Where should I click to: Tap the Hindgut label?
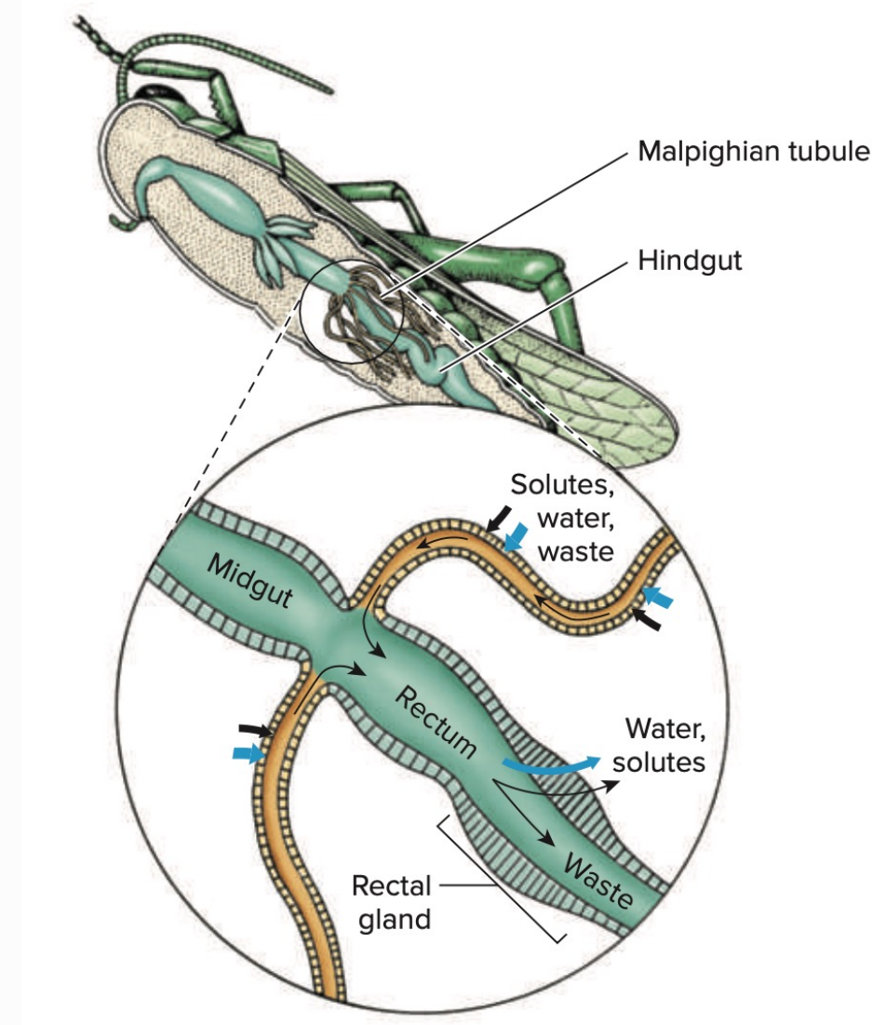[x=691, y=261]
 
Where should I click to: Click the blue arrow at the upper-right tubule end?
[x=658, y=597]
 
